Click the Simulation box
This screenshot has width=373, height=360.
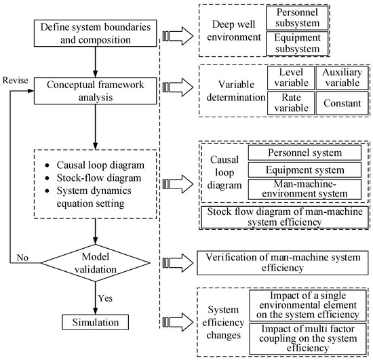click(95, 322)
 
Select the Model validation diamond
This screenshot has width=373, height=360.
click(96, 263)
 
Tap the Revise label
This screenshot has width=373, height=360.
click(15, 80)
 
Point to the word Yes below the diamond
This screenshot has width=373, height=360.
click(105, 298)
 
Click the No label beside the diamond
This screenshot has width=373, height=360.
click(22, 258)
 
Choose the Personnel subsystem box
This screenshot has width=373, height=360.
click(297, 18)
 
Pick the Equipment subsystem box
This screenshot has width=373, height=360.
click(297, 43)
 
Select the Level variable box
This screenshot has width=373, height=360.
click(291, 78)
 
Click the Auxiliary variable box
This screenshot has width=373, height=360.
click(342, 78)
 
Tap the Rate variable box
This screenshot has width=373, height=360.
click(291, 103)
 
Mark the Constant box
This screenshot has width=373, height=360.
click(342, 103)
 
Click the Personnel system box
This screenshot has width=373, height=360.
click(305, 153)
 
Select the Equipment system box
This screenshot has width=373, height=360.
click(305, 169)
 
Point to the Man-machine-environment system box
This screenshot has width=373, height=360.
click(305, 189)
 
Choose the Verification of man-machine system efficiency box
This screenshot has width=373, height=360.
click(283, 263)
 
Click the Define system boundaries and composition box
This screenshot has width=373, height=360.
click(95, 33)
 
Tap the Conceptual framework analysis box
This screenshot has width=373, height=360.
click(95, 91)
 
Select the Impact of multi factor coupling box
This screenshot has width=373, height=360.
click(308, 338)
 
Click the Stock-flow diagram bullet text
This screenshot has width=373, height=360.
click(99, 178)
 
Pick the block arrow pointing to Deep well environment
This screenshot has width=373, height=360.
click(178, 36)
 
